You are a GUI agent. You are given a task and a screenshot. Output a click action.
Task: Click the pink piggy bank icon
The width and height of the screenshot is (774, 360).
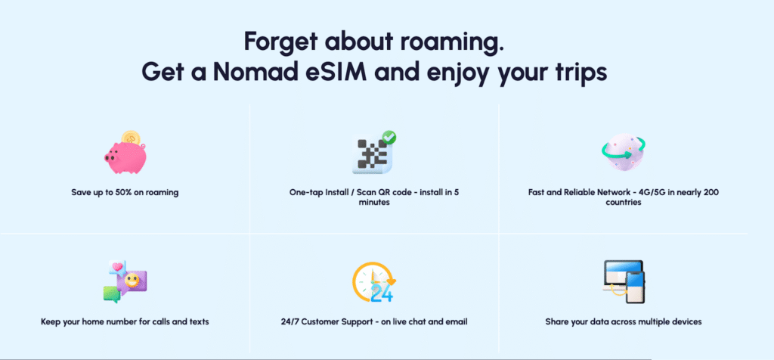(125, 154)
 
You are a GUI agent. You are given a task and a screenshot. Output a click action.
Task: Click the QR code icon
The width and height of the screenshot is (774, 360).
(373, 153)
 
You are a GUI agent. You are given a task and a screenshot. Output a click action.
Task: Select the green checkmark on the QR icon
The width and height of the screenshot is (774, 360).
(389, 138)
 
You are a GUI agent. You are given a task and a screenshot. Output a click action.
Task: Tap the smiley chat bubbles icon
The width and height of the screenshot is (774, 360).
(125, 281)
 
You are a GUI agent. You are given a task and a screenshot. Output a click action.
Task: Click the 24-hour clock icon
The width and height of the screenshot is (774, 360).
(373, 282)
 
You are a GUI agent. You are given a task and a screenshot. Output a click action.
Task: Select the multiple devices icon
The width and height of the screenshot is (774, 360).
(624, 281)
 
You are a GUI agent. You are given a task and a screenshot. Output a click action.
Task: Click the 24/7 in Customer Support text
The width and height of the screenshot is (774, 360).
(290, 321)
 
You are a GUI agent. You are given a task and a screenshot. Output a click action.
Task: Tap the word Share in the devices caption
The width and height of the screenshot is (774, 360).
(557, 321)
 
